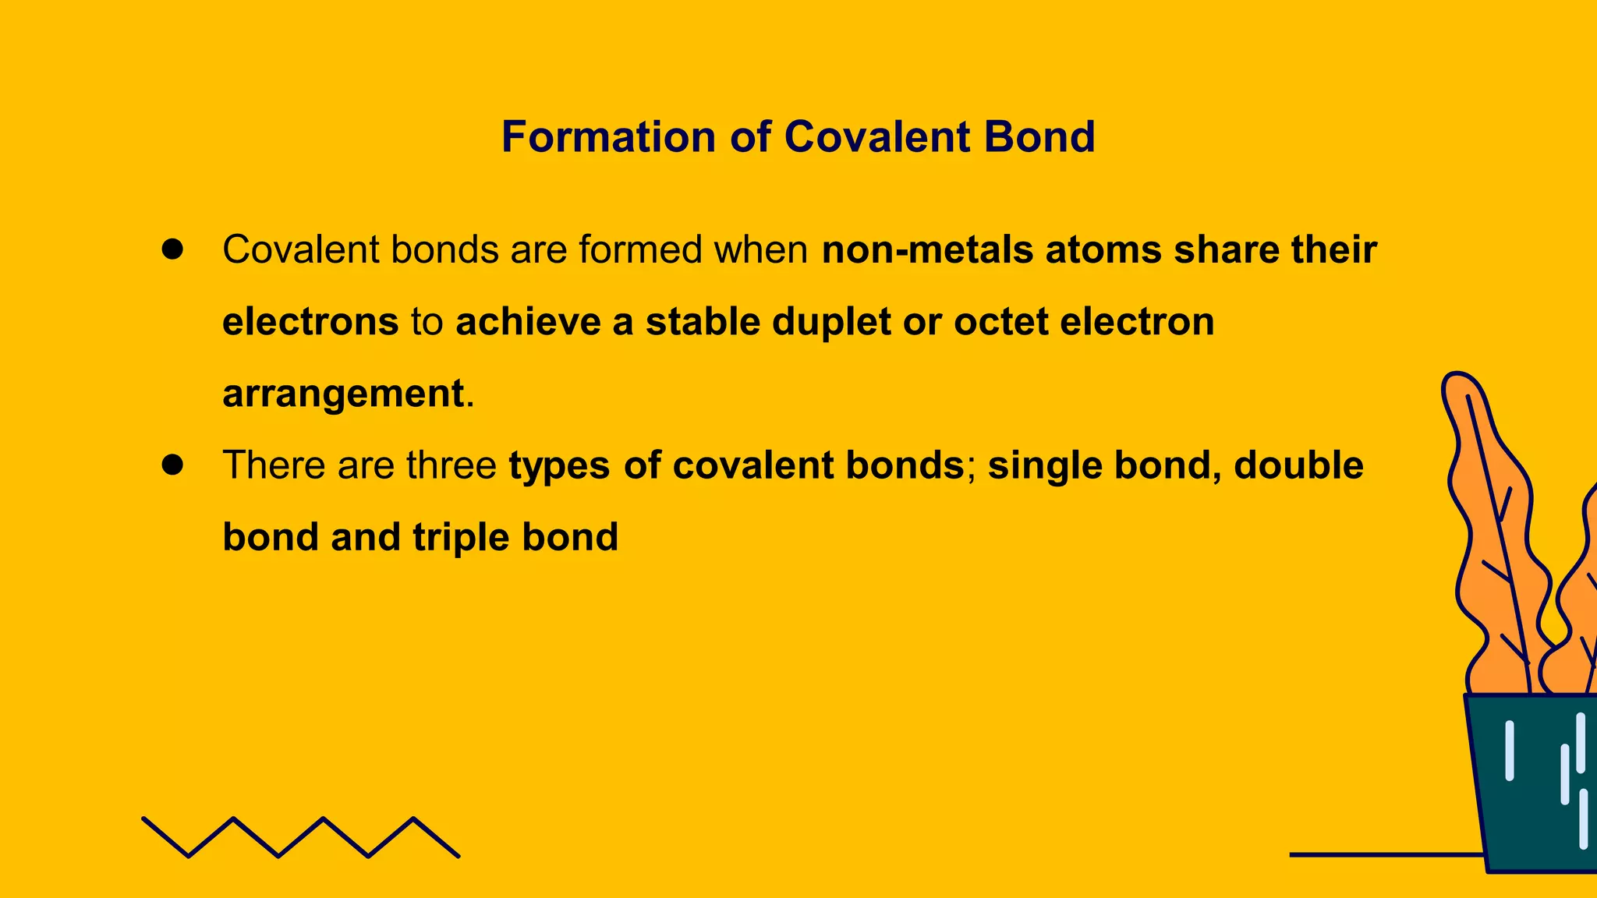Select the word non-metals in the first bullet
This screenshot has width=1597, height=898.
[x=927, y=250]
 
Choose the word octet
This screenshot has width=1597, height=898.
[x=1000, y=322]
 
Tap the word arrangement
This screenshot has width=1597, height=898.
[x=343, y=394]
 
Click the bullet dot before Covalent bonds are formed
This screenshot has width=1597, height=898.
[x=172, y=249]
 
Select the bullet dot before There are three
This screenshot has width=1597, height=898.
[x=172, y=465]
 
